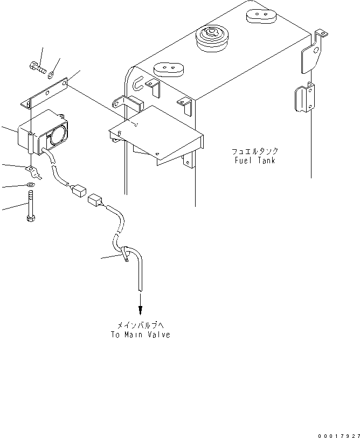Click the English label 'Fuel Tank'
(255, 161)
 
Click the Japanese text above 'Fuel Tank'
(255, 151)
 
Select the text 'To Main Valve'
(140, 335)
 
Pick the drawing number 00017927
(338, 435)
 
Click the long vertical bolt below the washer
(31, 206)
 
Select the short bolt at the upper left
(37, 67)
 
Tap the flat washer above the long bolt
(30, 184)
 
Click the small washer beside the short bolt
(51, 74)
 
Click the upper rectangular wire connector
(78, 191)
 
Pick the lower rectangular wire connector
(95, 200)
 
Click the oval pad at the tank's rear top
(261, 16)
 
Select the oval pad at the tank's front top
(169, 69)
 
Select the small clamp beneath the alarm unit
(33, 172)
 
